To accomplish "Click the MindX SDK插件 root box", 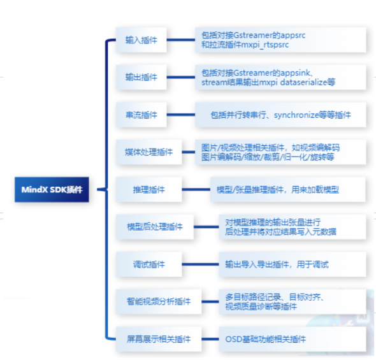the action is tap(52, 190).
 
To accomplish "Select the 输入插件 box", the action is tap(141, 40).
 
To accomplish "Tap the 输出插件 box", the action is tap(141, 78).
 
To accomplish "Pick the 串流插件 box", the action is tap(141, 115).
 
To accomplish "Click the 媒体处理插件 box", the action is tap(149, 152).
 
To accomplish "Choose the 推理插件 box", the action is tap(149, 190).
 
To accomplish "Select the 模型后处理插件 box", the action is tap(155, 227).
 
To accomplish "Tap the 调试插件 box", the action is tap(149, 264).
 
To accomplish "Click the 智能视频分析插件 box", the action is tap(159, 302).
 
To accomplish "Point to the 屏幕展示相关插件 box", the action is tap(159, 339).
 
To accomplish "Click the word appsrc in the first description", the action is tap(293, 36).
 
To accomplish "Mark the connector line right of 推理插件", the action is tap(196, 190).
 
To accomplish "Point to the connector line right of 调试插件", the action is tap(201, 264).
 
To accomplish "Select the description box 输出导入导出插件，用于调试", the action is tap(293, 264).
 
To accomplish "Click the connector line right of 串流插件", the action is tap(181, 115).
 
